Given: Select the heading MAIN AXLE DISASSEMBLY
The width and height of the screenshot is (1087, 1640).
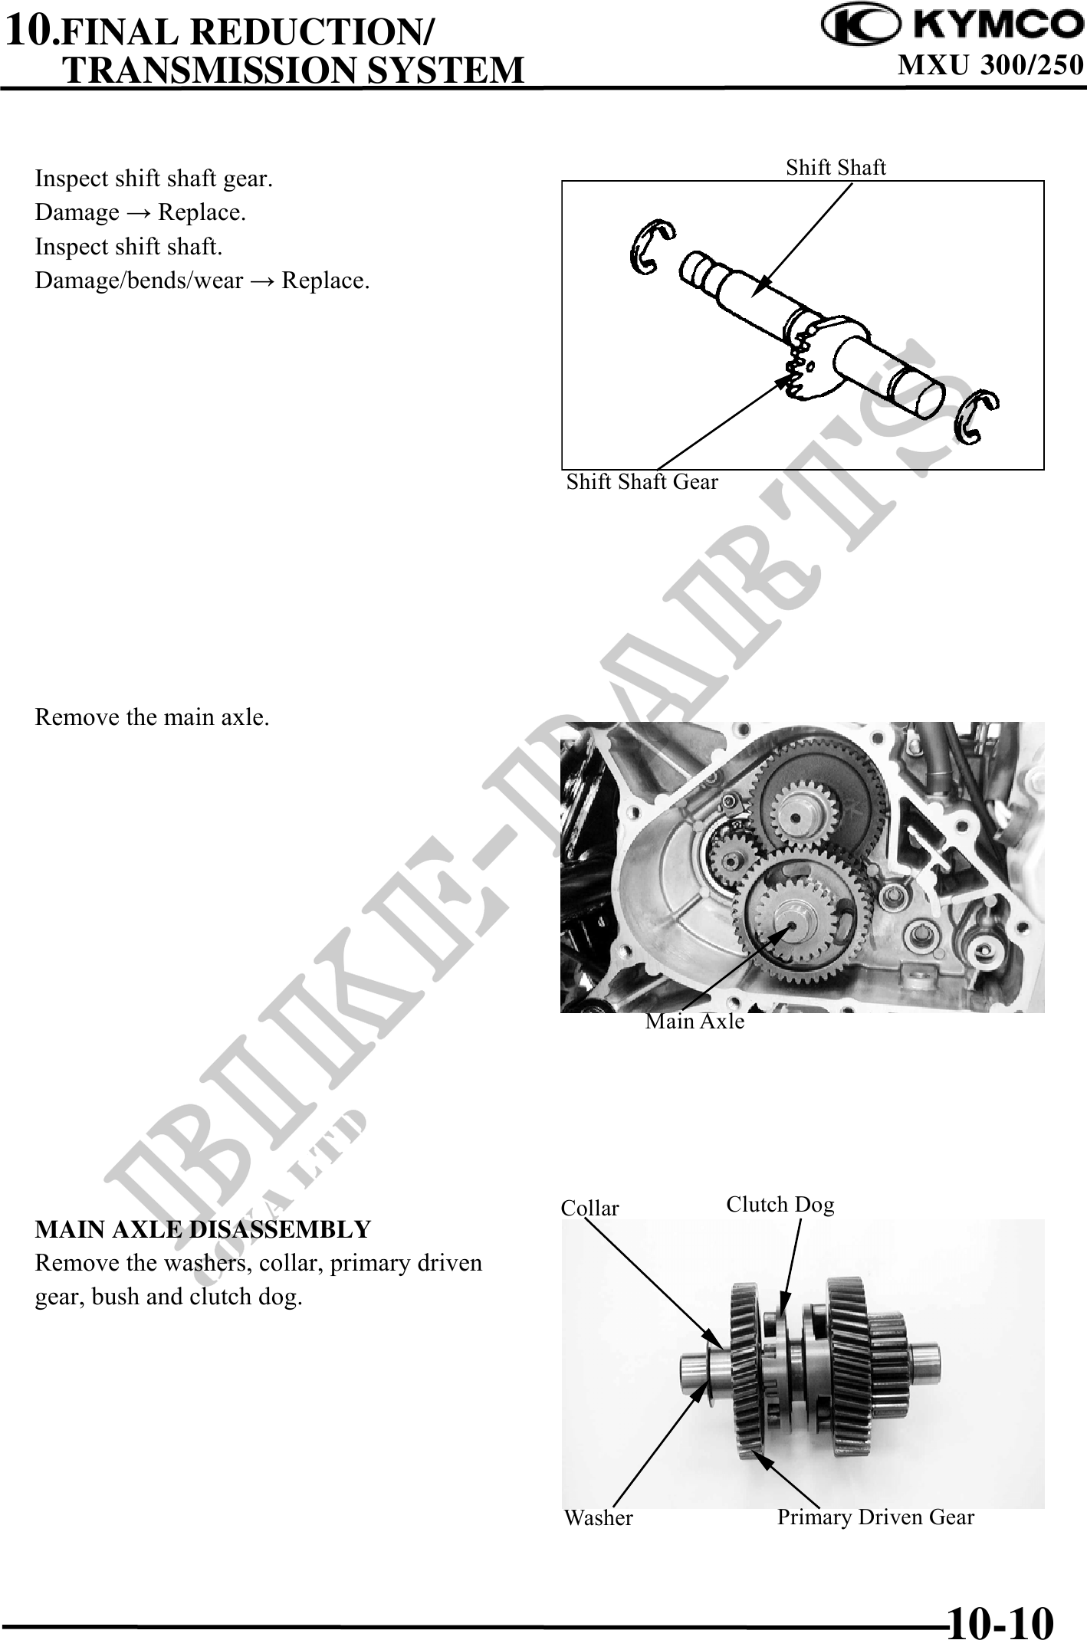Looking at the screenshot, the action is pos(202,1229).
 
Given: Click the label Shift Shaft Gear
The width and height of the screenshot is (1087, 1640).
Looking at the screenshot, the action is pos(642,482).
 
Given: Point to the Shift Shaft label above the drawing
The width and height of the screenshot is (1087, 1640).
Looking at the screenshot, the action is pos(836,167).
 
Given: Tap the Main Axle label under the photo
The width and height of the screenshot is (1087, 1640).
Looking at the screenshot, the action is pos(695,1021).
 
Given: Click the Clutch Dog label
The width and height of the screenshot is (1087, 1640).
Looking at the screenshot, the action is pos(780,1205).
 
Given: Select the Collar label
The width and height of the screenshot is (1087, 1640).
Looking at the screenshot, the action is pos(589,1208).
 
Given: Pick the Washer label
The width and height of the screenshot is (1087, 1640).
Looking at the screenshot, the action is pos(598,1517).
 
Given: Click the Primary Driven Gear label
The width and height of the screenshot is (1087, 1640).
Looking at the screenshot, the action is pos(875,1517).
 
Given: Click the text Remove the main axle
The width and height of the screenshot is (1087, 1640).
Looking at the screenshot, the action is pos(152,717).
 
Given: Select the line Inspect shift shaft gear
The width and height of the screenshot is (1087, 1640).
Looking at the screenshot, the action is pos(154,179).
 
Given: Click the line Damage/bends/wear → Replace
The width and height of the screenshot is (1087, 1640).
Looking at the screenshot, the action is pos(202,280).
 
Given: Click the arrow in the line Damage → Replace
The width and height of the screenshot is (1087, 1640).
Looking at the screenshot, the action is pos(138,213).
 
